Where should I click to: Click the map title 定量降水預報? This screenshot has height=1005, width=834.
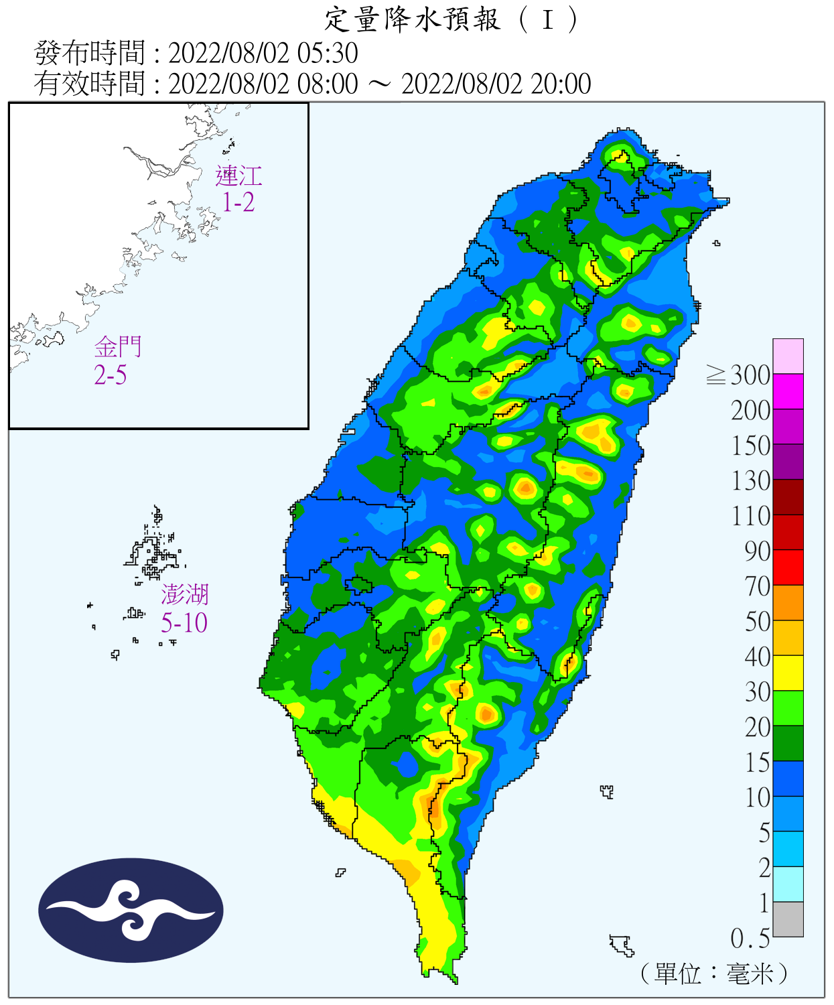tap(412, 19)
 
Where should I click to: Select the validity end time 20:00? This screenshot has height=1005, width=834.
tap(561, 84)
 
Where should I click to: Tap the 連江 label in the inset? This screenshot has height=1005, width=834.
tap(238, 176)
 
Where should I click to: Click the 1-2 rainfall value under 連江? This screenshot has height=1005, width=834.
tap(238, 202)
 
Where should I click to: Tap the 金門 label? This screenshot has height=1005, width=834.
tap(118, 347)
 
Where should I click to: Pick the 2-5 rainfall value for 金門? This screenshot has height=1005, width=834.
tap(111, 375)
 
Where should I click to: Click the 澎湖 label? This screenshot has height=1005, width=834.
tap(184, 594)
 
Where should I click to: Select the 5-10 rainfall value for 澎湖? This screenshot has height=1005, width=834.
tap(184, 623)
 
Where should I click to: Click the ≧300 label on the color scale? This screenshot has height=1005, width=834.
tap(739, 375)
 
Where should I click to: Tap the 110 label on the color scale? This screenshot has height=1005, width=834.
tap(751, 517)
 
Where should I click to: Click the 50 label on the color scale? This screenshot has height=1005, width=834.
tap(758, 622)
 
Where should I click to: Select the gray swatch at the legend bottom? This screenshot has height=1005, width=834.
tap(788, 919)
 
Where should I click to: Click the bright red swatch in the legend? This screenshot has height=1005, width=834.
tap(788, 567)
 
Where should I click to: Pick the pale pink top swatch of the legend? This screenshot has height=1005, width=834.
tap(788, 356)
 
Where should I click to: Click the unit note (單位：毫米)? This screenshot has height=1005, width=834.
tap(714, 974)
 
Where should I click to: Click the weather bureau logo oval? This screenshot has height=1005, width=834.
tap(131, 911)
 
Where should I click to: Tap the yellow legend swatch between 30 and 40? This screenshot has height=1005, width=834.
tap(788, 673)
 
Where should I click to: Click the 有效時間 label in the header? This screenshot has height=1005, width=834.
tap(89, 84)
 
